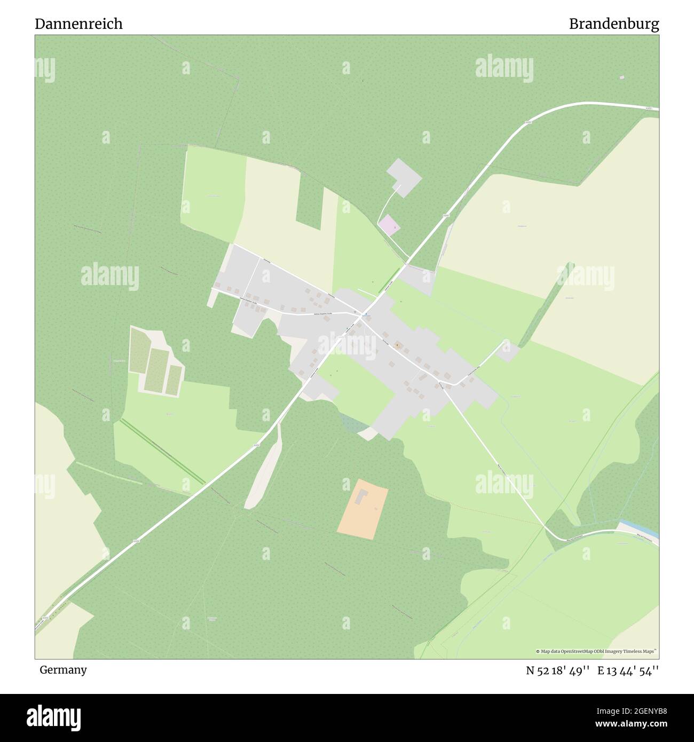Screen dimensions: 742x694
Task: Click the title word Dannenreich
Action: (78, 24)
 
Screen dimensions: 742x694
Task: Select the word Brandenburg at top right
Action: (613, 24)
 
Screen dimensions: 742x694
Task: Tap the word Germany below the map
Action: (63, 669)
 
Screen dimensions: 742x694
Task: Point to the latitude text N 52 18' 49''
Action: (557, 670)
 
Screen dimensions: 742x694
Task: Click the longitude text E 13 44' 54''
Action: (628, 670)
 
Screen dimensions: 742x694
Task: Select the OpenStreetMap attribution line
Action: (596, 651)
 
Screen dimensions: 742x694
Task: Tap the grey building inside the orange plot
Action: (361, 496)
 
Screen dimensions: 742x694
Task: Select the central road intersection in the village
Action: (365, 313)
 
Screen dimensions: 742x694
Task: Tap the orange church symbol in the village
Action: (397, 345)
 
